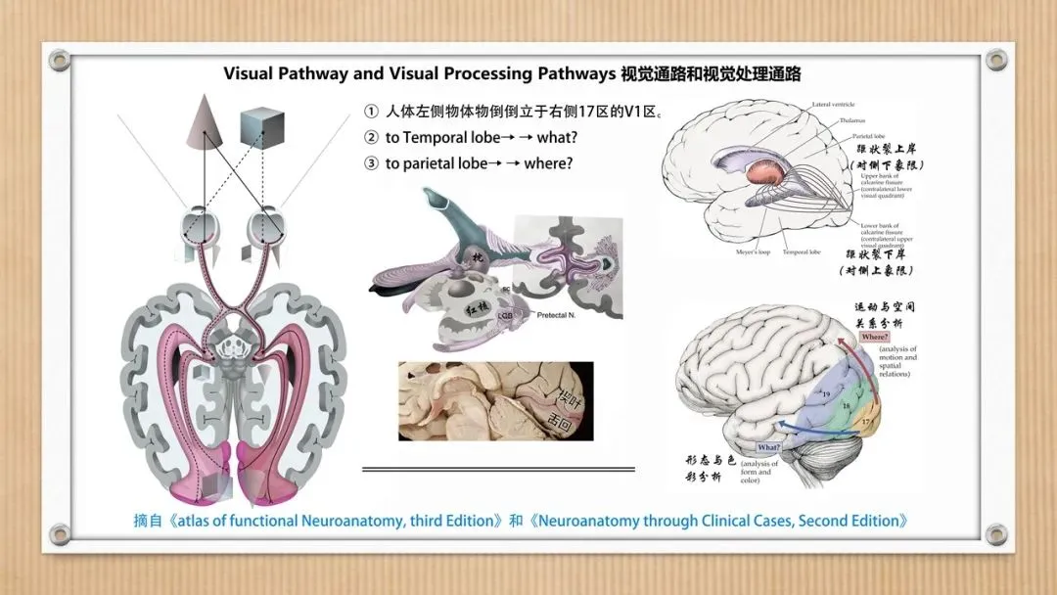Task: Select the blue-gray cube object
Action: pyautogui.click(x=261, y=129)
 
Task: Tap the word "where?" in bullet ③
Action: pyautogui.click(x=548, y=163)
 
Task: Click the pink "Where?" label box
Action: pyautogui.click(x=875, y=337)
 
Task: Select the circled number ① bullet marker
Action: pyautogui.click(x=371, y=112)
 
